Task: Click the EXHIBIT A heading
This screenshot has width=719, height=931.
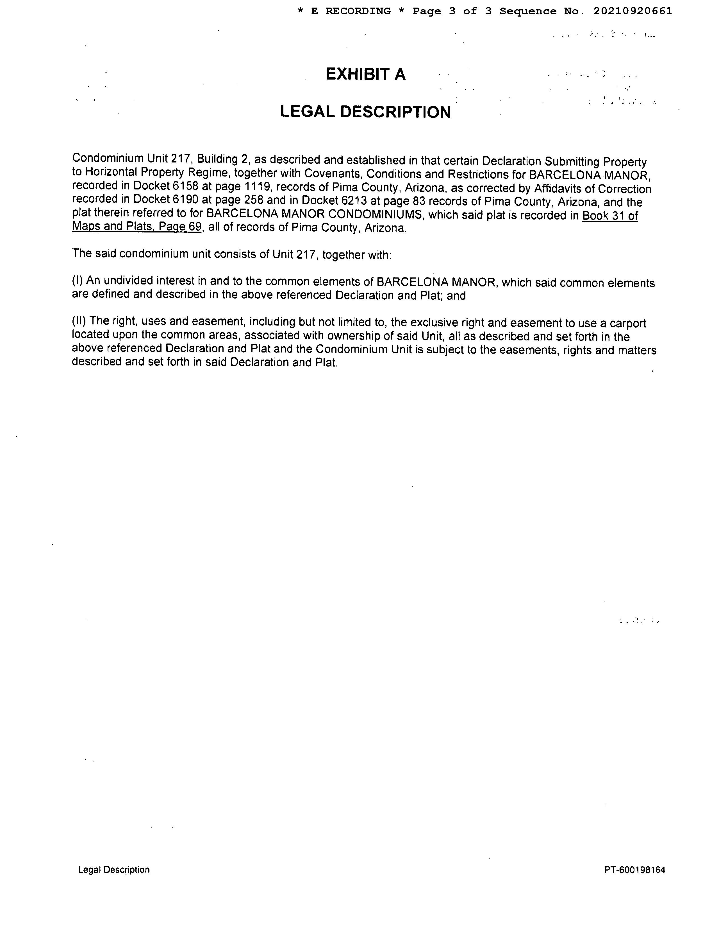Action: [365, 74]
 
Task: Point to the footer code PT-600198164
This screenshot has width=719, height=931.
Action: [634, 870]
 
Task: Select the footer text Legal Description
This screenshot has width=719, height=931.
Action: [114, 870]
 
